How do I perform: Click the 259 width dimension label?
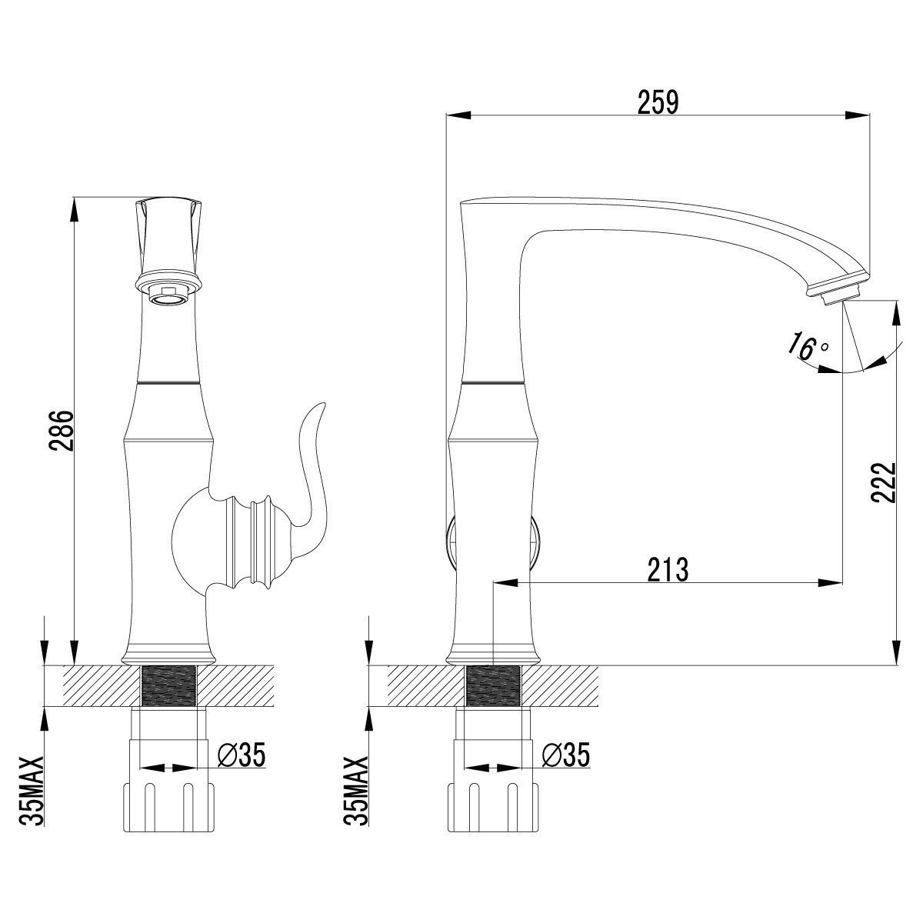[658, 102]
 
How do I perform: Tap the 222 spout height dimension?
[885, 482]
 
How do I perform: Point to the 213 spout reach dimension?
[667, 571]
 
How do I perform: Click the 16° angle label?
[804, 347]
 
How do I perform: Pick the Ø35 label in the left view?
[241, 755]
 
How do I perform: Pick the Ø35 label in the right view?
[565, 755]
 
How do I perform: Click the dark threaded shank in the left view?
[169, 685]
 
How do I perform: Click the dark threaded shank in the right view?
[494, 685]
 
